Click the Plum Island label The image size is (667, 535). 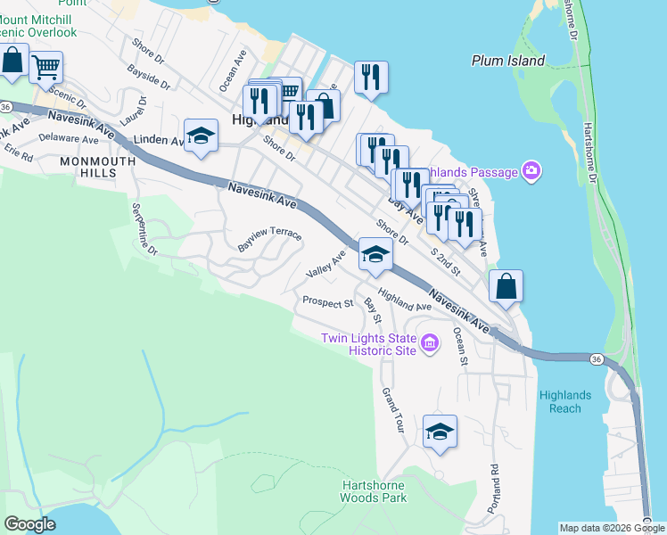point(507,61)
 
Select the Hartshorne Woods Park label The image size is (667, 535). point(375,491)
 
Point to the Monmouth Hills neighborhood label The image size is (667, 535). point(98,167)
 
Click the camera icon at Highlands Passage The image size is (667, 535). point(532,170)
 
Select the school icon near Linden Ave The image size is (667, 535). point(201,136)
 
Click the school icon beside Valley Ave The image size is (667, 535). point(375,254)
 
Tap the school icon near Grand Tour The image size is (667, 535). point(440,432)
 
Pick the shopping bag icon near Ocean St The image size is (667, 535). point(506,286)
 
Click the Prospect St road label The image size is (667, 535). point(328,302)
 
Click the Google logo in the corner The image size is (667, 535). point(29,524)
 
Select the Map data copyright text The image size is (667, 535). point(611,528)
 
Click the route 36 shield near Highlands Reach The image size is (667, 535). point(593,358)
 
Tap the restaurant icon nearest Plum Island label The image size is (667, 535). point(370,77)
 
